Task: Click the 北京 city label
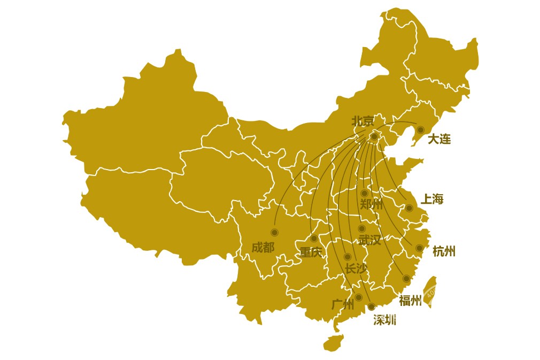363,121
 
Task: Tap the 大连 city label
439,139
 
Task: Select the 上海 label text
432,200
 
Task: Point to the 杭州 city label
444,251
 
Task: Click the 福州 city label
410,301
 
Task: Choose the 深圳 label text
384,320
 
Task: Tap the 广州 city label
343,304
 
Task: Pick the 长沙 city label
356,269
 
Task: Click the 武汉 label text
369,240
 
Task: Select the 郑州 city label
371,204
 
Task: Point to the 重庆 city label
311,252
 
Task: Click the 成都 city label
263,247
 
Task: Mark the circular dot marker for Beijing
374,136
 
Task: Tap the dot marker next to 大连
420,129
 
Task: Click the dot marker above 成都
274,232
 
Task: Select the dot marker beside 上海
409,208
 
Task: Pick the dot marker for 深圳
371,307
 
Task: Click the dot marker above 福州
406,278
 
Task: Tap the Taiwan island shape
429,292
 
